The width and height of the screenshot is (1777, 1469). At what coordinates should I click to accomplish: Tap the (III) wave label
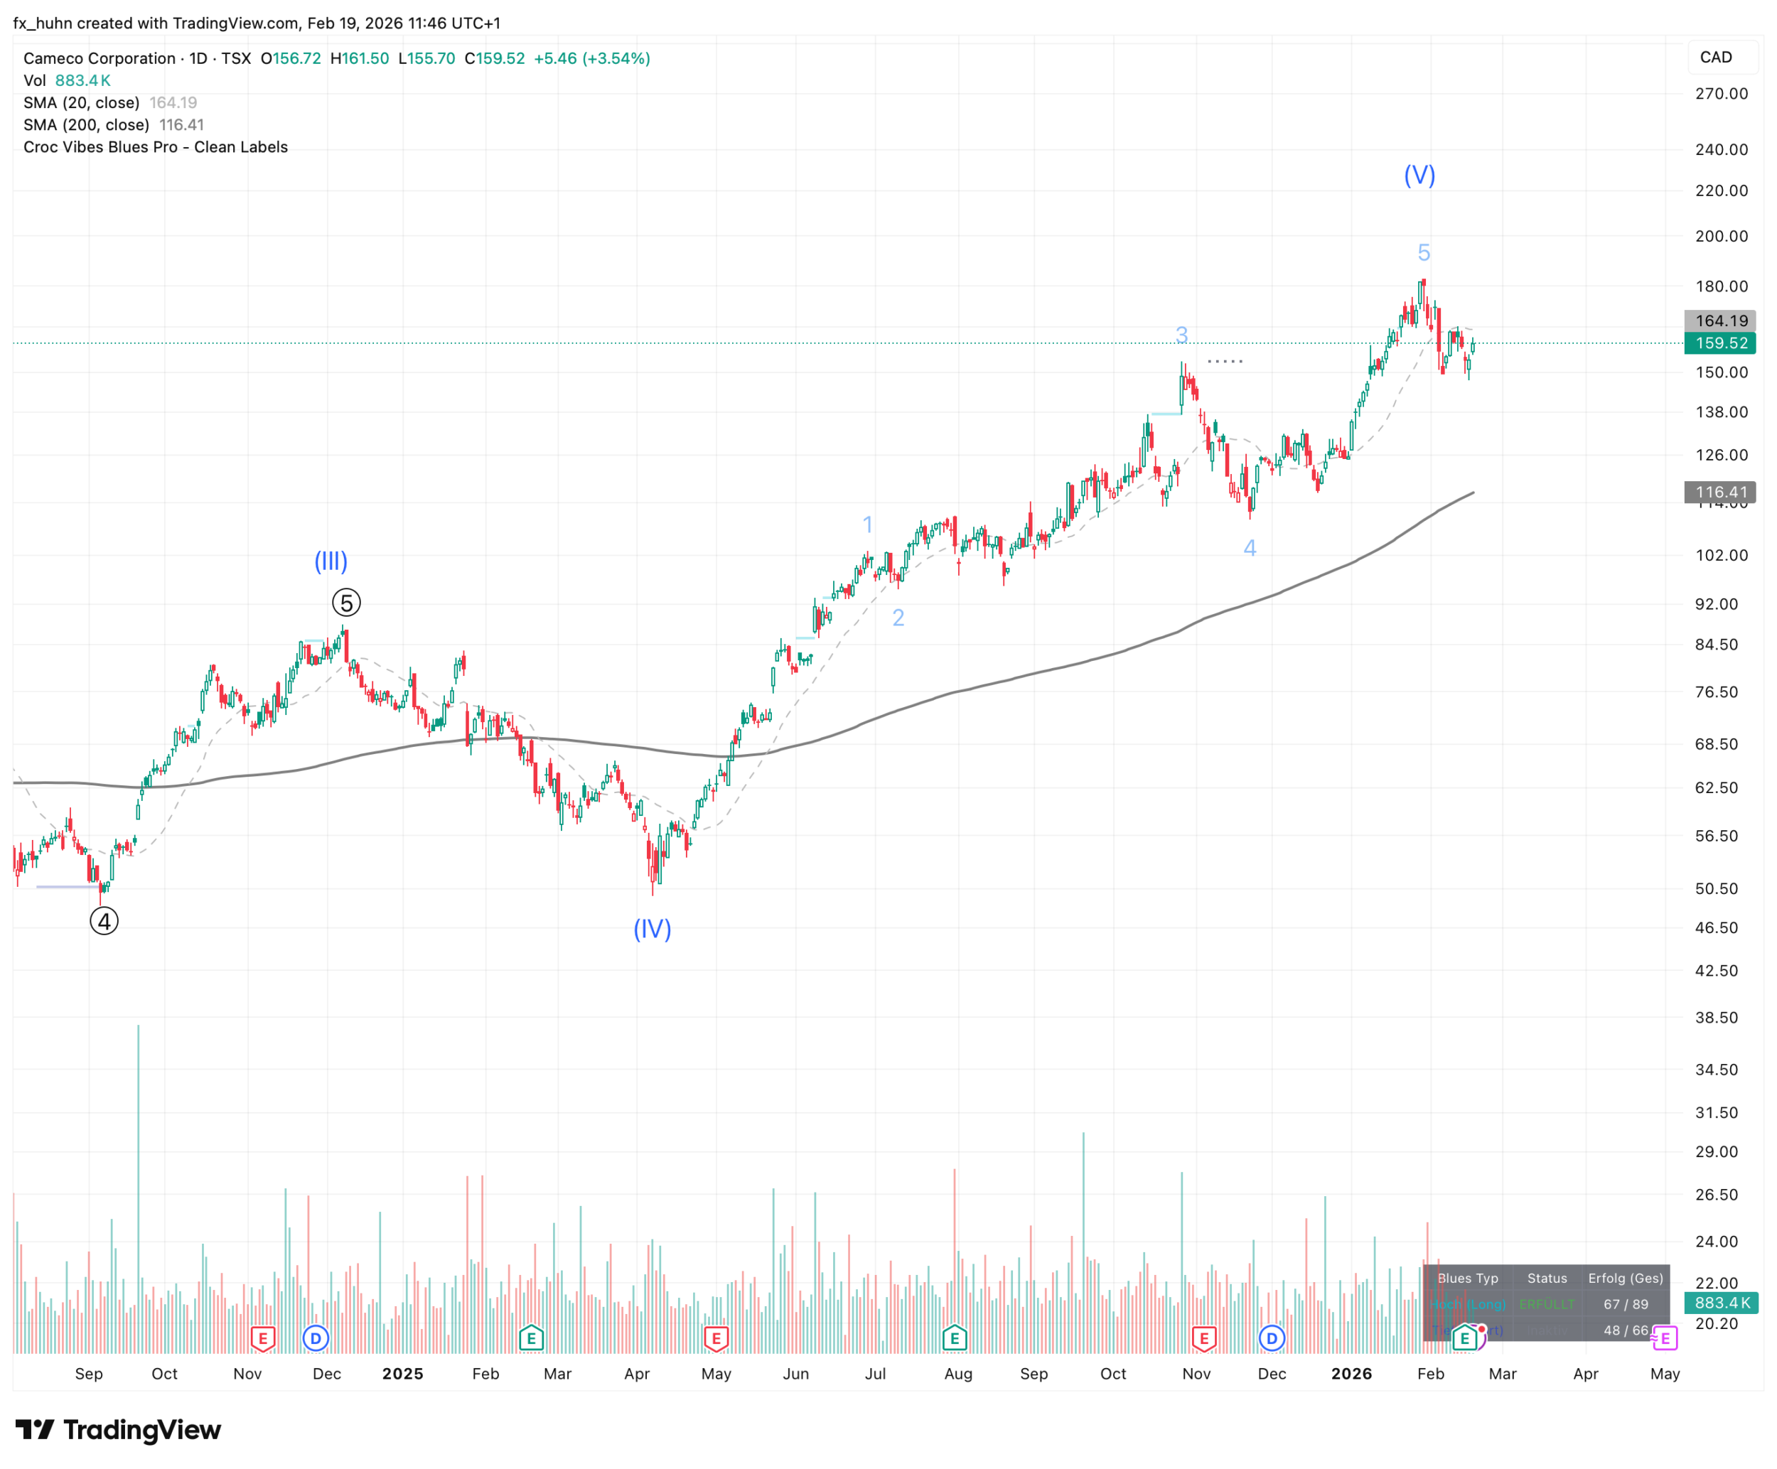point(331,560)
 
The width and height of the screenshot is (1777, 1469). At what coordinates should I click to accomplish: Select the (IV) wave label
point(653,928)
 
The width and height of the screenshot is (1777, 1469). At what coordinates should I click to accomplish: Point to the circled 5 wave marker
point(346,603)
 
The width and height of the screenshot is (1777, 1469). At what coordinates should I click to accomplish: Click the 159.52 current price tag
point(1720,343)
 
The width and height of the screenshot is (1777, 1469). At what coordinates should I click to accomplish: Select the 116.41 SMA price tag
point(1720,492)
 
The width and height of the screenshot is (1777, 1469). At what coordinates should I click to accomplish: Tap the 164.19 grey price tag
point(1720,321)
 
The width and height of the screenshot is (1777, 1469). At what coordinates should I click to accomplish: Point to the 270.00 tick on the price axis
point(1721,93)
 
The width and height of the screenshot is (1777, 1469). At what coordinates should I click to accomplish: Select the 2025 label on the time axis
point(403,1373)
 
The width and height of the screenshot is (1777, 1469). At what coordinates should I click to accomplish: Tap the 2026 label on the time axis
point(1351,1373)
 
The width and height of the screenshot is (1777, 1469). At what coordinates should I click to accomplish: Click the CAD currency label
point(1716,57)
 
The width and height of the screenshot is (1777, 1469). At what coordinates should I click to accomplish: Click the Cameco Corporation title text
point(99,58)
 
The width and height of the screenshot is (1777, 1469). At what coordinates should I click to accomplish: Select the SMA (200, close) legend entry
point(86,124)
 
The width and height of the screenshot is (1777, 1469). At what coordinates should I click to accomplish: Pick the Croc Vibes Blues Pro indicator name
point(156,146)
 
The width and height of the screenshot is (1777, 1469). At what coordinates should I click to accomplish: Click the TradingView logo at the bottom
point(119,1429)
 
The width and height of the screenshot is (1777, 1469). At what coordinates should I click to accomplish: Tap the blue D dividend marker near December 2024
point(316,1338)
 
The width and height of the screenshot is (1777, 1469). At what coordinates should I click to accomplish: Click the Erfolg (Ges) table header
point(1625,1278)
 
